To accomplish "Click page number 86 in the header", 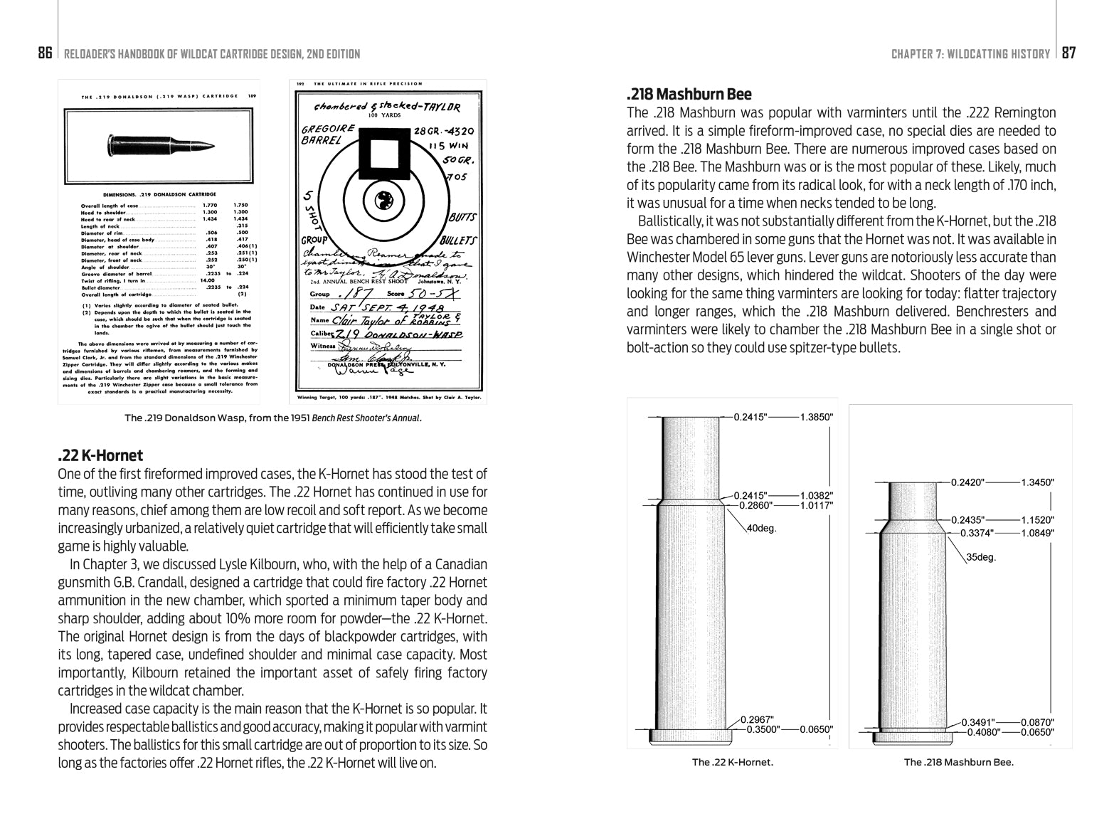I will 45,53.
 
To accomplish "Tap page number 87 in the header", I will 1069,53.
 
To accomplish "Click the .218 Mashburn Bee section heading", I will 689,94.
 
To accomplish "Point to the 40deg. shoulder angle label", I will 762,529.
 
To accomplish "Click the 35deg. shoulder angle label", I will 981,557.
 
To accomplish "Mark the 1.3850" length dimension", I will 816,417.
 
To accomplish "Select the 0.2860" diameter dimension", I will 756,506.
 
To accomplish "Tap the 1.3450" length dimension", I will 1038,482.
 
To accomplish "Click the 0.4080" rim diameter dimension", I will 982,731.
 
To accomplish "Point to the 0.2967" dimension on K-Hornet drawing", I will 757,719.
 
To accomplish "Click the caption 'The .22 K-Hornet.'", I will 732,762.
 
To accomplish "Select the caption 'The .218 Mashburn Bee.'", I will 958,762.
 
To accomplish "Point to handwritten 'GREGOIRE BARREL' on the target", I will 328,134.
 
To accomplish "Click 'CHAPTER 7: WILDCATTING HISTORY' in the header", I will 970,54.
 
